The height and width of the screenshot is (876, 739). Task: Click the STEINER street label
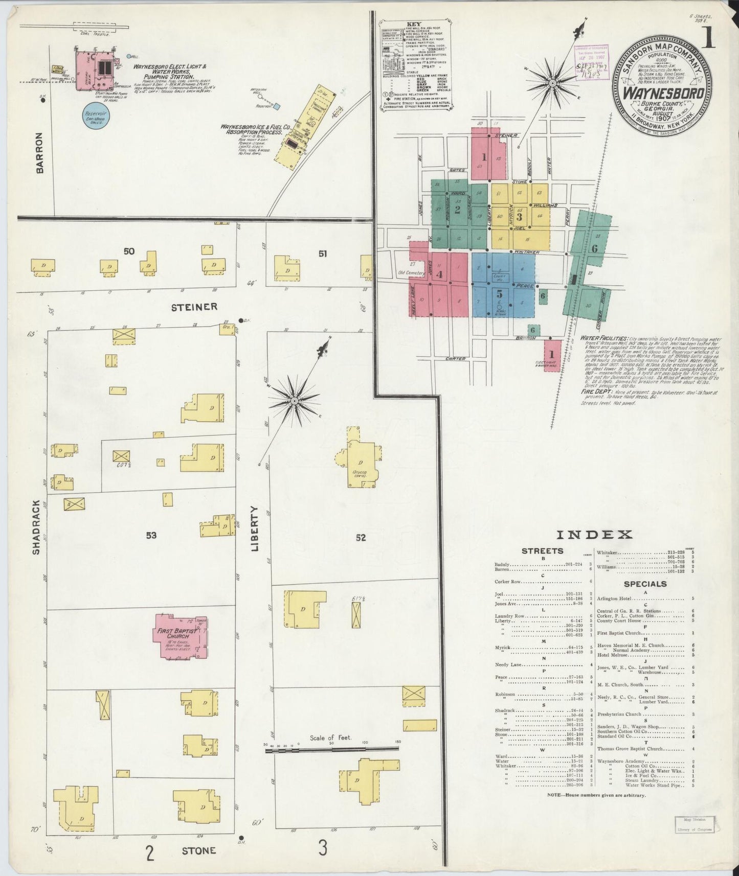[194, 307]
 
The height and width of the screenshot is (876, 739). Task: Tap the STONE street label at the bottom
[199, 851]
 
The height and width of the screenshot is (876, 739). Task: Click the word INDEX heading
[594, 535]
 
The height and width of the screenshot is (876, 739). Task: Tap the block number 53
[151, 536]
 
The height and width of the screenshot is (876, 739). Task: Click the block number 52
[361, 537]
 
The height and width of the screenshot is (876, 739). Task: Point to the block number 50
[129, 251]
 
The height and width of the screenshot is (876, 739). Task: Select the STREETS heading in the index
[542, 551]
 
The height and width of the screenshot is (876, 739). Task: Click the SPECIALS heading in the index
[645, 584]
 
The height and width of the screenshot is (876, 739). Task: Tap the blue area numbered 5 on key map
[500, 293]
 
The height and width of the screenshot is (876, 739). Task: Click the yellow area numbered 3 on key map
[519, 215]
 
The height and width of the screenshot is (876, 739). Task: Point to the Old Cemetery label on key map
[412, 273]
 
